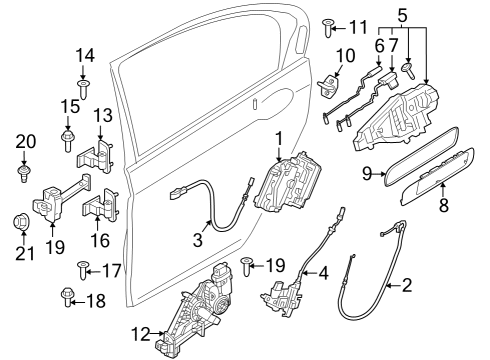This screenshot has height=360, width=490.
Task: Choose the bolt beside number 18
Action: [68, 298]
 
